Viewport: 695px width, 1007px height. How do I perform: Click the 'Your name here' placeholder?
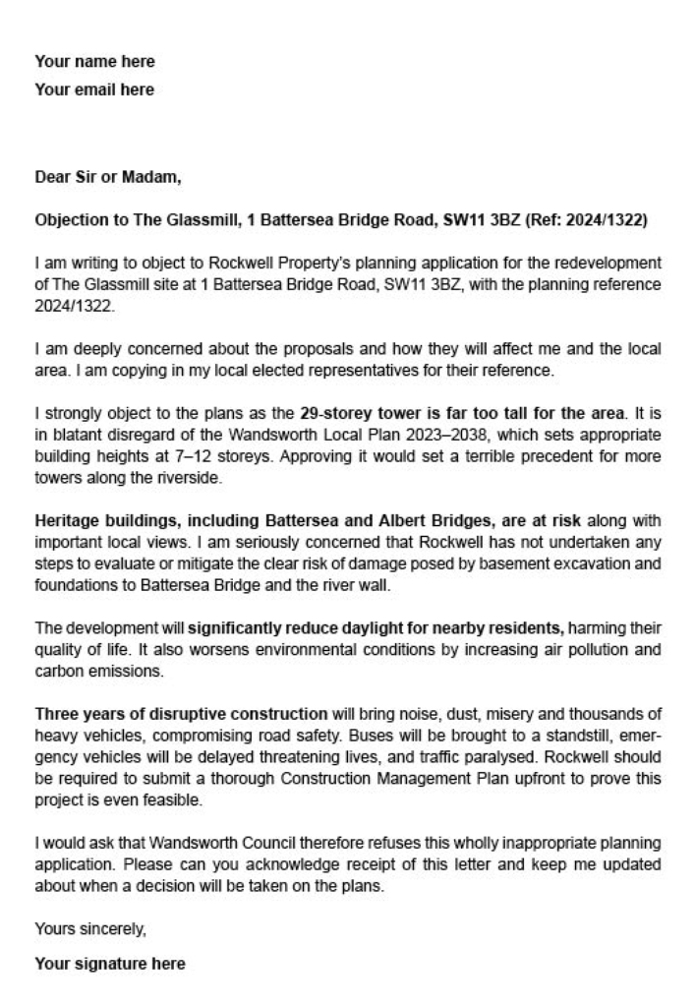(94, 62)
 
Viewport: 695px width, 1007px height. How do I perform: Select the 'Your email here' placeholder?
(94, 89)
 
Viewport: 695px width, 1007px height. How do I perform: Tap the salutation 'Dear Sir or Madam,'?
(108, 178)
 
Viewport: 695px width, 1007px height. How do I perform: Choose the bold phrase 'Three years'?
(77, 713)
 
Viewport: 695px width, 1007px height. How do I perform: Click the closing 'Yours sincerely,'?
(89, 927)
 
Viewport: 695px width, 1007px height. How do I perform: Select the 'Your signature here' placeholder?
(109, 964)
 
